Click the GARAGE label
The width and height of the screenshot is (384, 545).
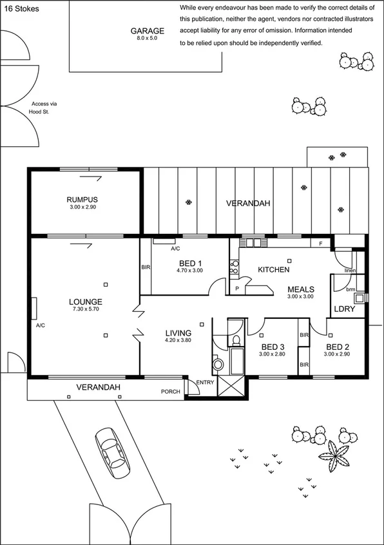click(x=148, y=31)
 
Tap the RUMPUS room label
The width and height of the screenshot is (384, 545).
click(x=82, y=200)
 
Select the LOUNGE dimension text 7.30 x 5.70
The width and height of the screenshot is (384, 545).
click(x=86, y=309)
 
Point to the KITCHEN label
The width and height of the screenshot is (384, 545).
click(x=274, y=269)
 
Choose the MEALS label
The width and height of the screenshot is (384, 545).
click(x=300, y=289)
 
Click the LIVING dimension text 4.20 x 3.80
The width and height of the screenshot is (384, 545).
click(x=178, y=340)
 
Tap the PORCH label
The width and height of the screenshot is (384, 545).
click(x=170, y=391)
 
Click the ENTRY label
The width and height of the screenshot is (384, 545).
click(x=205, y=383)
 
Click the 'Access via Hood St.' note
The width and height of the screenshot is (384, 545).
click(x=44, y=108)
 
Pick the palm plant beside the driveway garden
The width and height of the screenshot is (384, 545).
click(x=335, y=457)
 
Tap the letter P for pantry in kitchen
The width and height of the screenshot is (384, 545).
click(x=236, y=289)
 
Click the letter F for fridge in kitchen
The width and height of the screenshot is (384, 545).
click(x=320, y=243)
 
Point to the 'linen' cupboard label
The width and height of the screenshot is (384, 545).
click(x=350, y=271)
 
